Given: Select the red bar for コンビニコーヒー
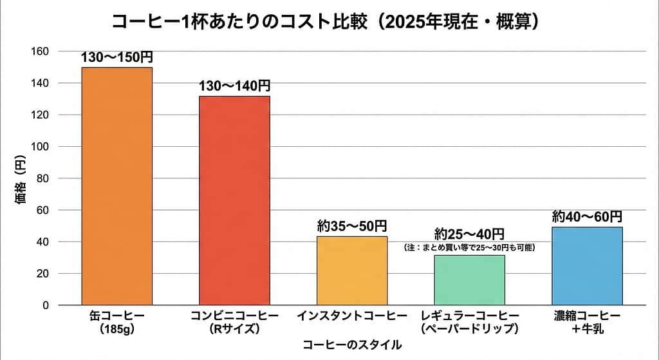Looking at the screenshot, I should tap(234, 200).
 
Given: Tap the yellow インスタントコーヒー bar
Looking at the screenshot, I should tap(352, 270).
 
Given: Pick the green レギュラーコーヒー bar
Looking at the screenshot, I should tap(469, 279).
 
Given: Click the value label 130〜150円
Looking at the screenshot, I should tap(117, 57).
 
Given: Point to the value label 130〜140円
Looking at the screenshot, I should tap(234, 86).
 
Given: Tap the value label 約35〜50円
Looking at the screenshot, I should tap(352, 226).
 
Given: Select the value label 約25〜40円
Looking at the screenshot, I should tap(469, 234).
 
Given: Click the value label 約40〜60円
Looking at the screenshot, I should tap(587, 216).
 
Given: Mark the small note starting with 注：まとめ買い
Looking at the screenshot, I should tap(469, 247).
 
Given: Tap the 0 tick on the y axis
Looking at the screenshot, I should tap(46, 305).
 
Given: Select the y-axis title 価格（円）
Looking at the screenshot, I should tap(20, 180).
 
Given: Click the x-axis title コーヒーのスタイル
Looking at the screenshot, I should tap(352, 345).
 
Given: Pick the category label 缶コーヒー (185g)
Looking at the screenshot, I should tap(117, 322).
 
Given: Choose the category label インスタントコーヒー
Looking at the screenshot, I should tap(352, 316).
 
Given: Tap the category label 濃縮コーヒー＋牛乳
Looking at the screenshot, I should tap(587, 322).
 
